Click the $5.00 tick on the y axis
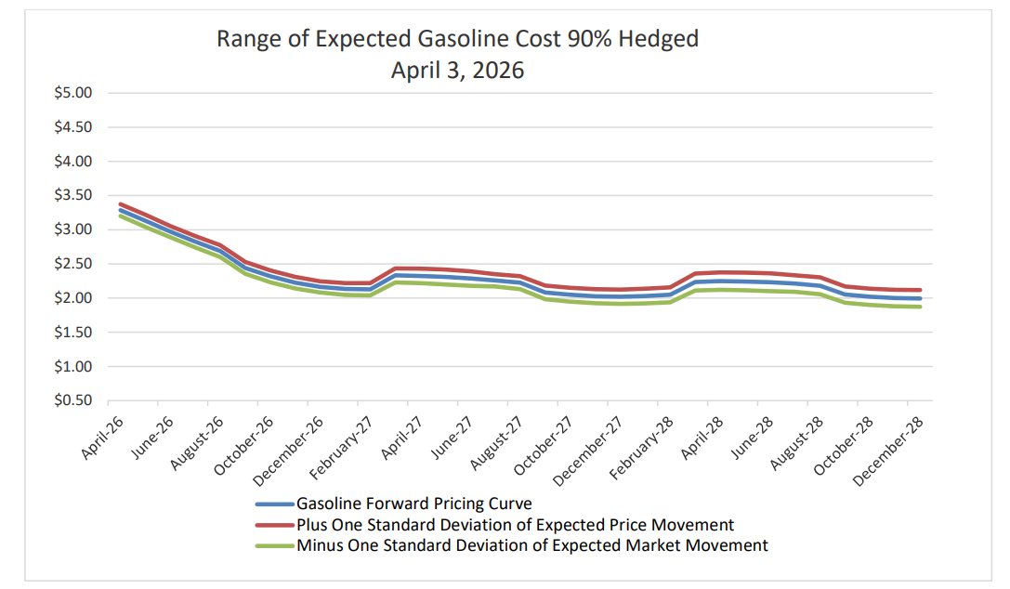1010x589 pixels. click(72, 93)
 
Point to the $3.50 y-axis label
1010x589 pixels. click(72, 195)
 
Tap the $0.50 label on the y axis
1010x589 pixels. click(72, 400)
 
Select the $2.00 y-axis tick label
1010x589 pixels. click(72, 298)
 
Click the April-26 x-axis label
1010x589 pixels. click(102, 438)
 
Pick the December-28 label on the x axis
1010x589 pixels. click(888, 451)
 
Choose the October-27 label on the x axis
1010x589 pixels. click(543, 445)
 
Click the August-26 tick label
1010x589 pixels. click(197, 443)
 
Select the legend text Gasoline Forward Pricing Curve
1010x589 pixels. click(414, 504)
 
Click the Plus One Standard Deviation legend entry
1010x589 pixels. click(516, 525)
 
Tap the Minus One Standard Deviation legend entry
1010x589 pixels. click(532, 545)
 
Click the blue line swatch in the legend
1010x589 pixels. click(275, 504)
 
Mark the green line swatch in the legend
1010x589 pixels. click(275, 546)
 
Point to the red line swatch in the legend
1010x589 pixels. click(275, 526)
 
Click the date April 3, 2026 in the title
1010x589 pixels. click(457, 71)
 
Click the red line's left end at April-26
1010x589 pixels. click(121, 204)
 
